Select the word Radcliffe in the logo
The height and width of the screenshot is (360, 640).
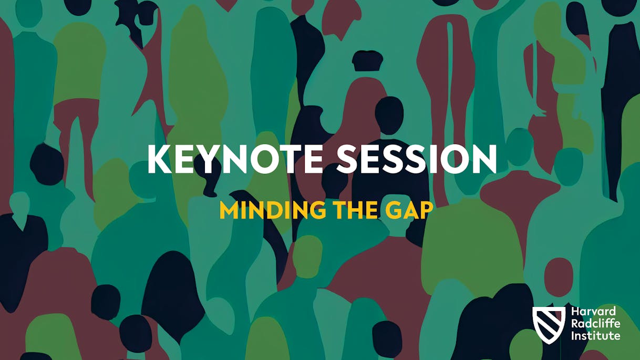click(594, 324)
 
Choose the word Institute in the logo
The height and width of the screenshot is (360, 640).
click(595, 335)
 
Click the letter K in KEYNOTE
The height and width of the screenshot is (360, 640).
click(158, 159)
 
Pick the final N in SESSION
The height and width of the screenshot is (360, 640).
click(483, 159)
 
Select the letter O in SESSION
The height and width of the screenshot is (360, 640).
click(455, 159)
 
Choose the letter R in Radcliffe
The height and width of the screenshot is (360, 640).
click(574, 324)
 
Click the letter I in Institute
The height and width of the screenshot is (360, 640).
click(573, 335)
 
